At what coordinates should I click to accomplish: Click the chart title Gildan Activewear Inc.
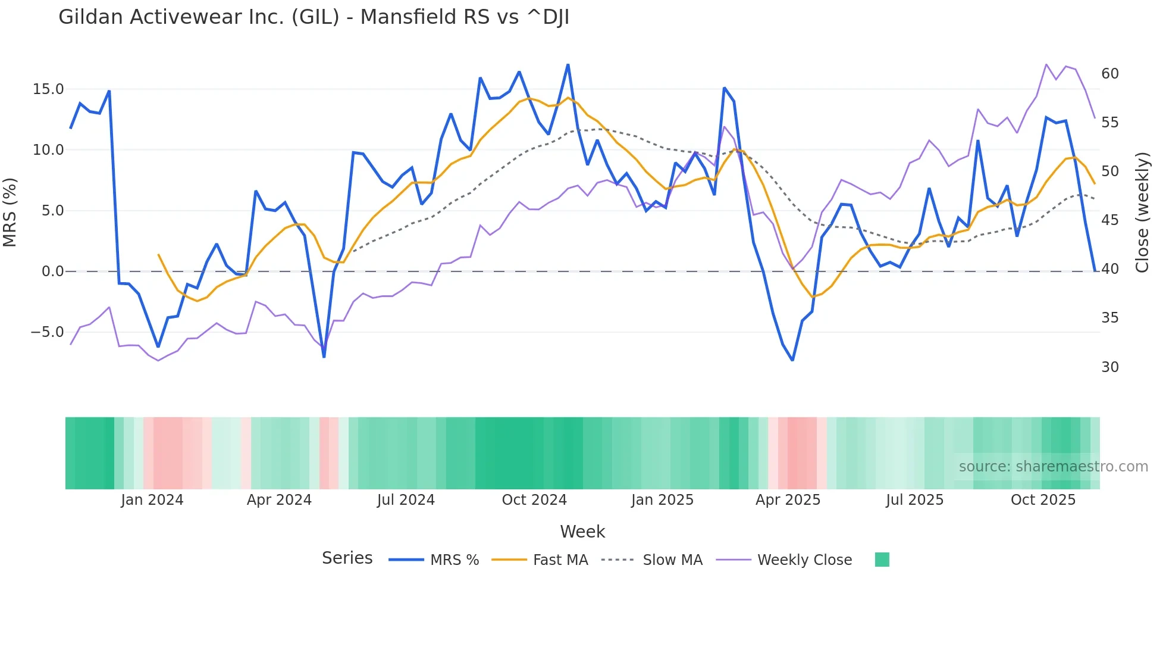point(314,17)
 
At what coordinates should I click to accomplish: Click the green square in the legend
point(882,560)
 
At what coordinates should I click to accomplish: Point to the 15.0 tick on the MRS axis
point(48,89)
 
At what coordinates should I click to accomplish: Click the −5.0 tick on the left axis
point(47,332)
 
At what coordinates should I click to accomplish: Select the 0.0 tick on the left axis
point(52,271)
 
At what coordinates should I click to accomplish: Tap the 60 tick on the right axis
point(1110,74)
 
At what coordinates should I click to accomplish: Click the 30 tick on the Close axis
point(1110,367)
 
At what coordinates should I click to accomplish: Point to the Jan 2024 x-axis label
point(152,500)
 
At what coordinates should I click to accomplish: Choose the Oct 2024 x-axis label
point(534,500)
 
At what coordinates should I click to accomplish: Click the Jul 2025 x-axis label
point(914,500)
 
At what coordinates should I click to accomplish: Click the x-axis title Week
point(582,532)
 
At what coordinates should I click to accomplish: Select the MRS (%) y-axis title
point(10,213)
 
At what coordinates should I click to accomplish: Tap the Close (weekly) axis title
point(1142,213)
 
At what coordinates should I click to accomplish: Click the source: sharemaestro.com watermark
point(1053,467)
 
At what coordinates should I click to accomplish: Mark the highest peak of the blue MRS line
point(568,65)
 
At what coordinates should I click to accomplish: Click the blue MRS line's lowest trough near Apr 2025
point(792,360)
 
